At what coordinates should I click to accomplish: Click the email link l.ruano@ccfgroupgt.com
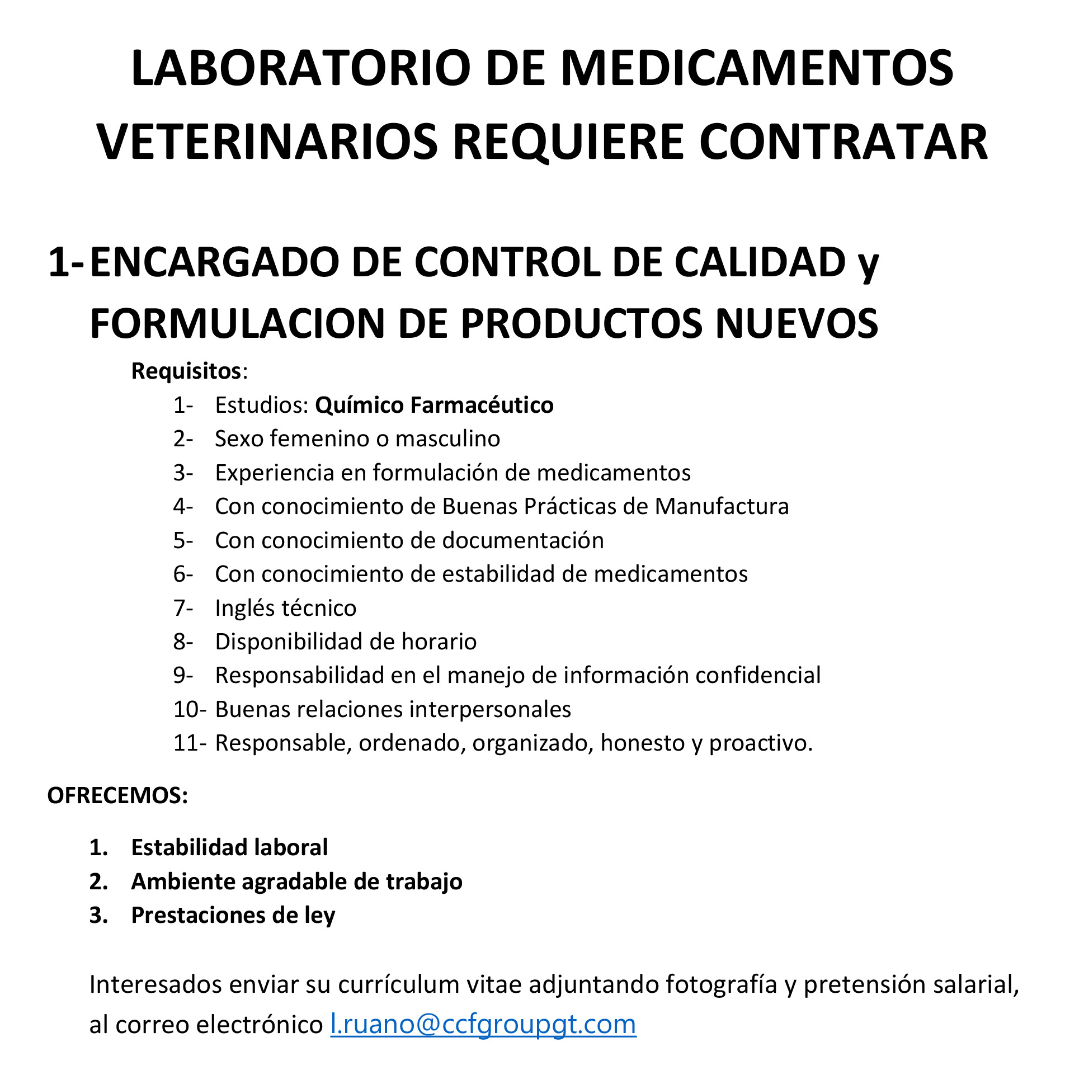[483, 1024]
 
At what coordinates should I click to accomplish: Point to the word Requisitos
[186, 371]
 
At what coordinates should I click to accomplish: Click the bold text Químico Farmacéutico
[434, 405]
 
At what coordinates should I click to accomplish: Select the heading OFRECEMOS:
[117, 795]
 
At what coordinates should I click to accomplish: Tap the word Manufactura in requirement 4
[722, 506]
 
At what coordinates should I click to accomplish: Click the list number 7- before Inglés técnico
[183, 608]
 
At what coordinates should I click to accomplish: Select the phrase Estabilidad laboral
[229, 847]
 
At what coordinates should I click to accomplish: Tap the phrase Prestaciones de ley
[233, 915]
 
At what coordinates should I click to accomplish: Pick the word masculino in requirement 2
[447, 439]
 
